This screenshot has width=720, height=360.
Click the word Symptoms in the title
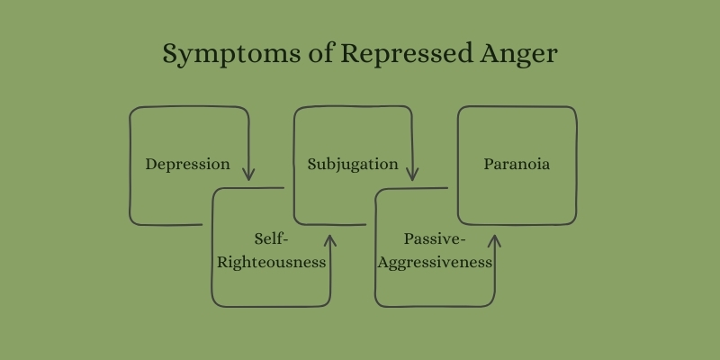point(232,54)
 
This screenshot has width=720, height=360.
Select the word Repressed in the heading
point(407,53)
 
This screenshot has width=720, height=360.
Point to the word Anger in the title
point(519,55)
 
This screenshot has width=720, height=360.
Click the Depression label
point(188,165)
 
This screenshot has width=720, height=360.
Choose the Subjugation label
point(353,165)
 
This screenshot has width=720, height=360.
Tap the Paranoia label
point(517,164)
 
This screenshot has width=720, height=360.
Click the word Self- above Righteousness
point(271,238)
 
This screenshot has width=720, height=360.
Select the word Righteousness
point(272,262)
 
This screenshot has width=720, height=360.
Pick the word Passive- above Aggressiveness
point(435,238)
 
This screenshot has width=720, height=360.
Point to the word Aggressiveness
point(435,263)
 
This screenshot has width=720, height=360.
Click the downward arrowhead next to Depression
point(248,175)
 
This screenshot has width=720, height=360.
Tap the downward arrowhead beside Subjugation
point(412,175)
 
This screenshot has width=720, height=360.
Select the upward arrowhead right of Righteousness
point(330,241)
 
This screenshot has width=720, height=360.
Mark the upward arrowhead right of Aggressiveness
point(494,241)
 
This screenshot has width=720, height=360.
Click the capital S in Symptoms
point(170,53)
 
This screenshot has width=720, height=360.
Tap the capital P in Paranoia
point(489,164)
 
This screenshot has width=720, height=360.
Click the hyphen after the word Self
point(284,240)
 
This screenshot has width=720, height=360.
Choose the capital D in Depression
point(151,165)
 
